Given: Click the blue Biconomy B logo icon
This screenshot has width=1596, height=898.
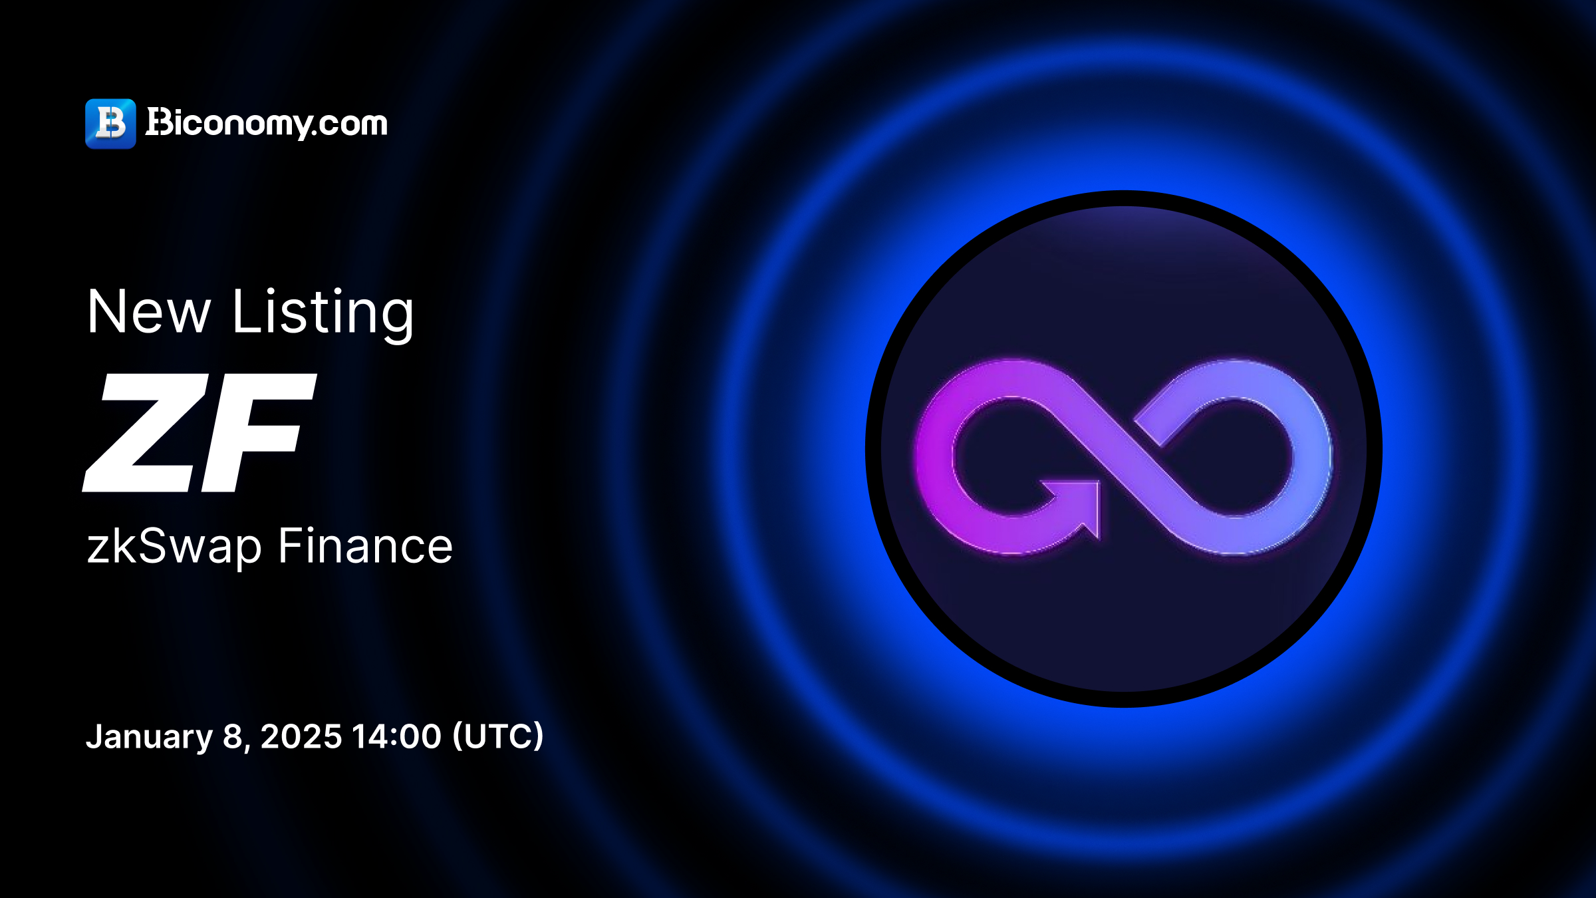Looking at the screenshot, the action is pyautogui.click(x=110, y=124).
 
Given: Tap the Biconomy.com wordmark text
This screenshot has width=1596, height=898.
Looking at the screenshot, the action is pyautogui.click(x=266, y=123).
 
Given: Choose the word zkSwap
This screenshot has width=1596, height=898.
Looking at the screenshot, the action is pyautogui.click(x=174, y=547).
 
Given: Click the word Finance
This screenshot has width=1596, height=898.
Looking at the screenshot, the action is pyautogui.click(x=365, y=545).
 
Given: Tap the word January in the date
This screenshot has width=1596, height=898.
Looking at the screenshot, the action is pyautogui.click(x=149, y=737).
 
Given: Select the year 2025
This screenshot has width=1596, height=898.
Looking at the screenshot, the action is pyautogui.click(x=301, y=736).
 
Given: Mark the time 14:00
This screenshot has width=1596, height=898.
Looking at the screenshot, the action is pyautogui.click(x=396, y=736).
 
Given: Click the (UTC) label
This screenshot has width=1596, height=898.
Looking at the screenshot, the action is pyautogui.click(x=497, y=736).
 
